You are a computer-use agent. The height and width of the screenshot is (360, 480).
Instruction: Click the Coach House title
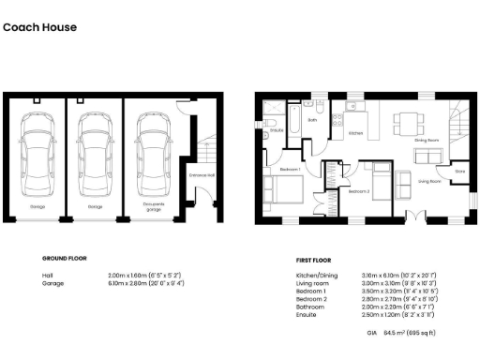click(39, 27)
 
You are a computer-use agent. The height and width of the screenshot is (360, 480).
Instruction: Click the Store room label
click(459, 171)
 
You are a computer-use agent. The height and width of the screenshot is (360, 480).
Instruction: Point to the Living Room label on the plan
click(429, 182)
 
